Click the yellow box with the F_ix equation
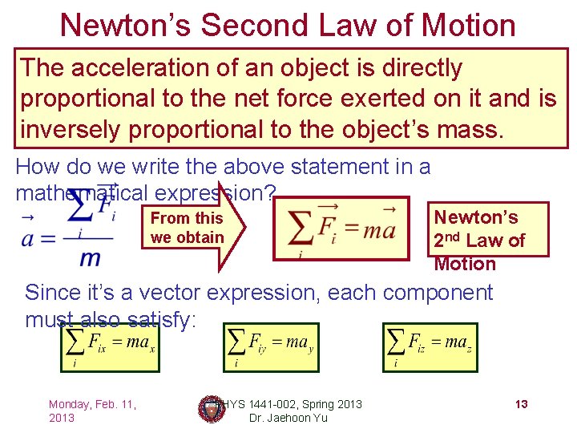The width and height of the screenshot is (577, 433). pyautogui.click(x=110, y=347)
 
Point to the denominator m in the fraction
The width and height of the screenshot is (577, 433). pyautogui.click(x=90, y=258)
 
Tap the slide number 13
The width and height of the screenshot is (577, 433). pyautogui.click(x=521, y=404)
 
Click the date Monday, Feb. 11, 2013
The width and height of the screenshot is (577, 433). pyautogui.click(x=92, y=411)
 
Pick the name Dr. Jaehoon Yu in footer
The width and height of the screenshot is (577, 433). pyautogui.click(x=288, y=418)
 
